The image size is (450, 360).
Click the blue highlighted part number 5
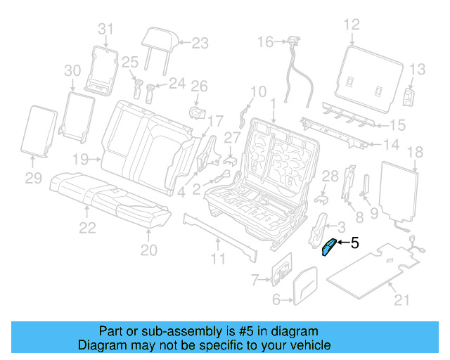328,248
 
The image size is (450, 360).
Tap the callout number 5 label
354,244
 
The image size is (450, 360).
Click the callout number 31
105,29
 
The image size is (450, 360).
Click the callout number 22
86,227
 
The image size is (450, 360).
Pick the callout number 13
418,69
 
